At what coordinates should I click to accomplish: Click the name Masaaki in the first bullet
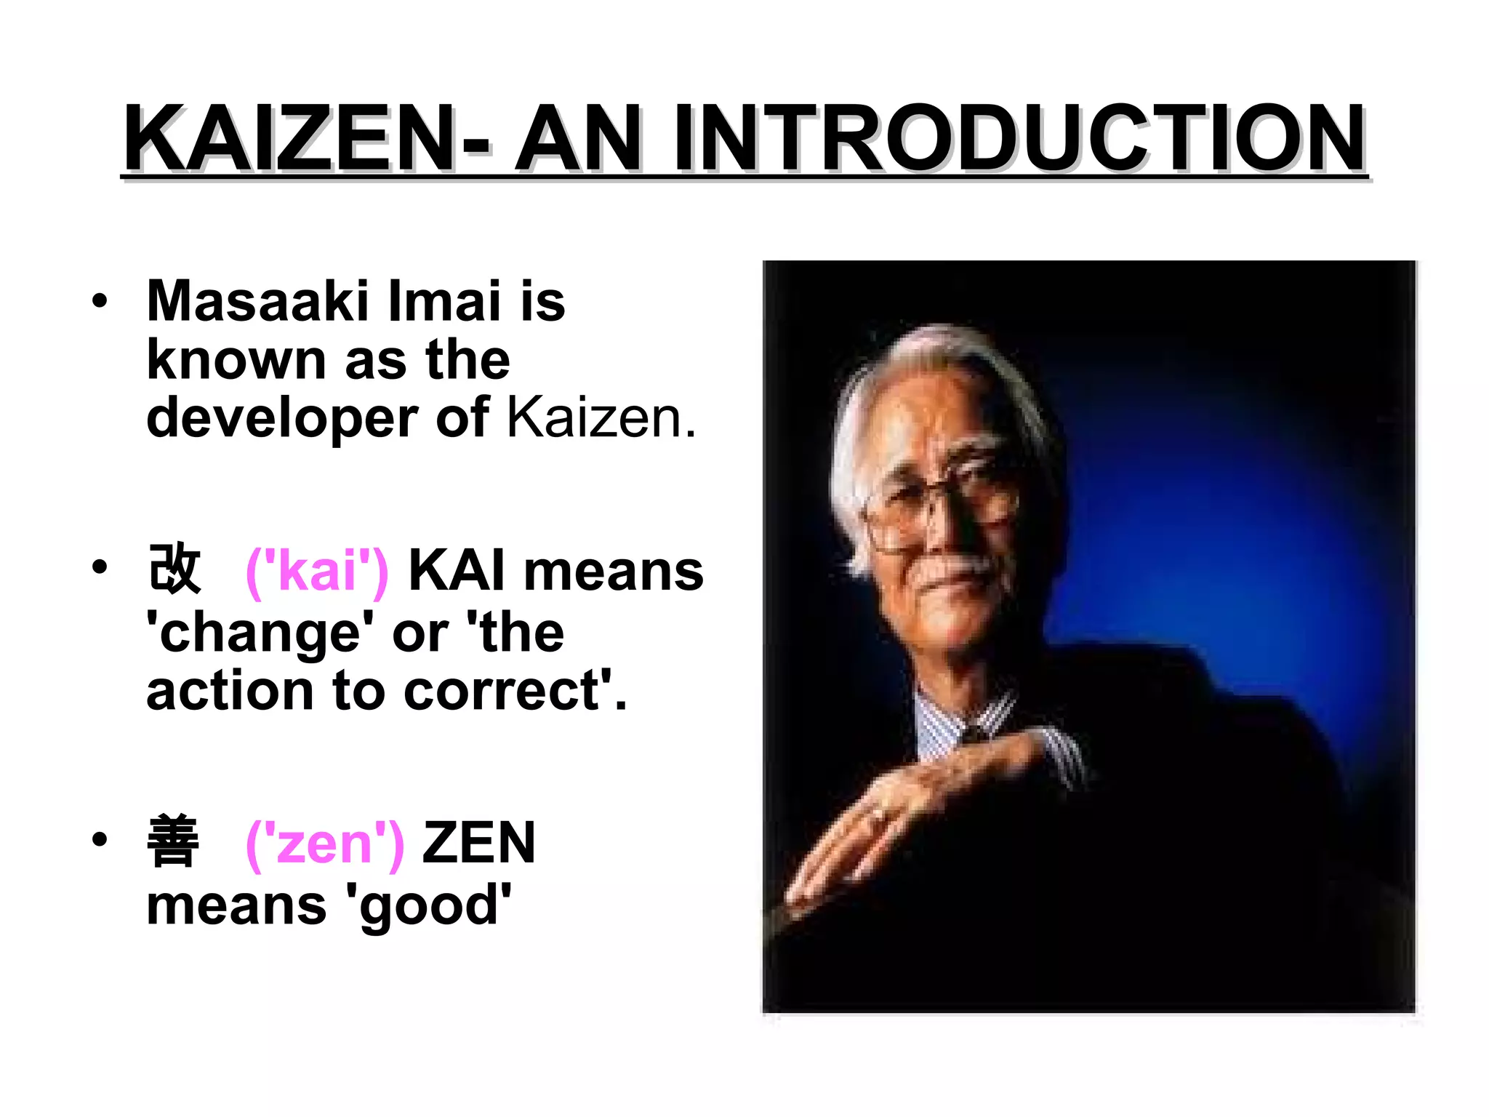click(257, 301)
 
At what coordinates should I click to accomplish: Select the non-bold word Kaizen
click(601, 418)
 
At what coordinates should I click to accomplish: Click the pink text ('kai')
click(317, 572)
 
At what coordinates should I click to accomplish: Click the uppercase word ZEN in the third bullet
click(478, 843)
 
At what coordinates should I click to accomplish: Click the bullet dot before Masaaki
click(100, 301)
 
